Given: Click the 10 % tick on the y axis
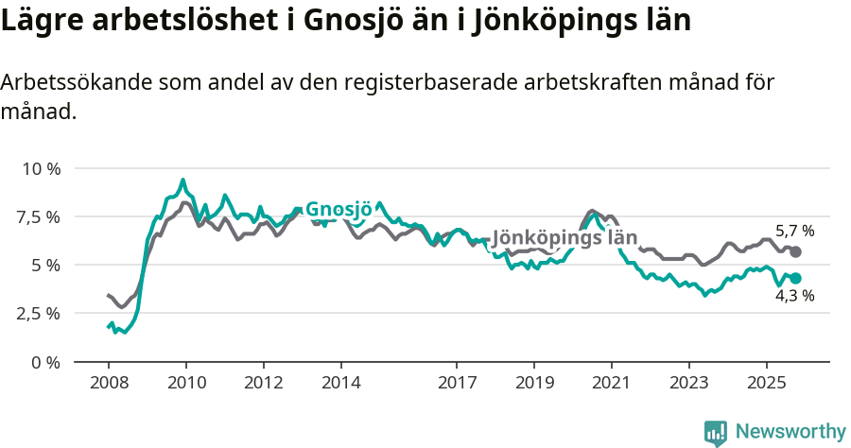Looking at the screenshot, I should (41, 169).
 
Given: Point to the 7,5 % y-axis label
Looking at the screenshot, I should (39, 217).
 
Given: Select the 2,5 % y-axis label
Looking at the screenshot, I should (39, 314).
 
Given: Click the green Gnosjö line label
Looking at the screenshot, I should (338, 210).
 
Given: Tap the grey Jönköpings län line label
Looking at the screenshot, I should (564, 237).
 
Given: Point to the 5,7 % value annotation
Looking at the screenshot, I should (794, 231).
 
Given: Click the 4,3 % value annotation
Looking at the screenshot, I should (794, 296).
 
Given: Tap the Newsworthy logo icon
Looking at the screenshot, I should (716, 432).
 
